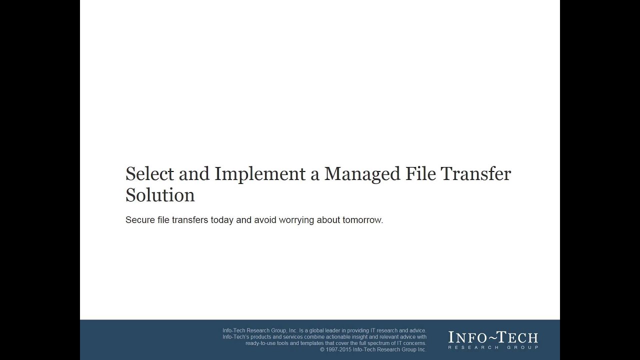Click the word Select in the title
(149, 174)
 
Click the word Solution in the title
(160, 195)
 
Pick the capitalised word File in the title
(420, 174)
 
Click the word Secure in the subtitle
(139, 220)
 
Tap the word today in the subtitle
(222, 220)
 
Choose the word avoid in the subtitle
(265, 220)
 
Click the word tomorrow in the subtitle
(362, 220)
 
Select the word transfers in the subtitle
(190, 220)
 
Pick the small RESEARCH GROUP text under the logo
(493, 347)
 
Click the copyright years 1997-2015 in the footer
(338, 349)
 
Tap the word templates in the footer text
(313, 343)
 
